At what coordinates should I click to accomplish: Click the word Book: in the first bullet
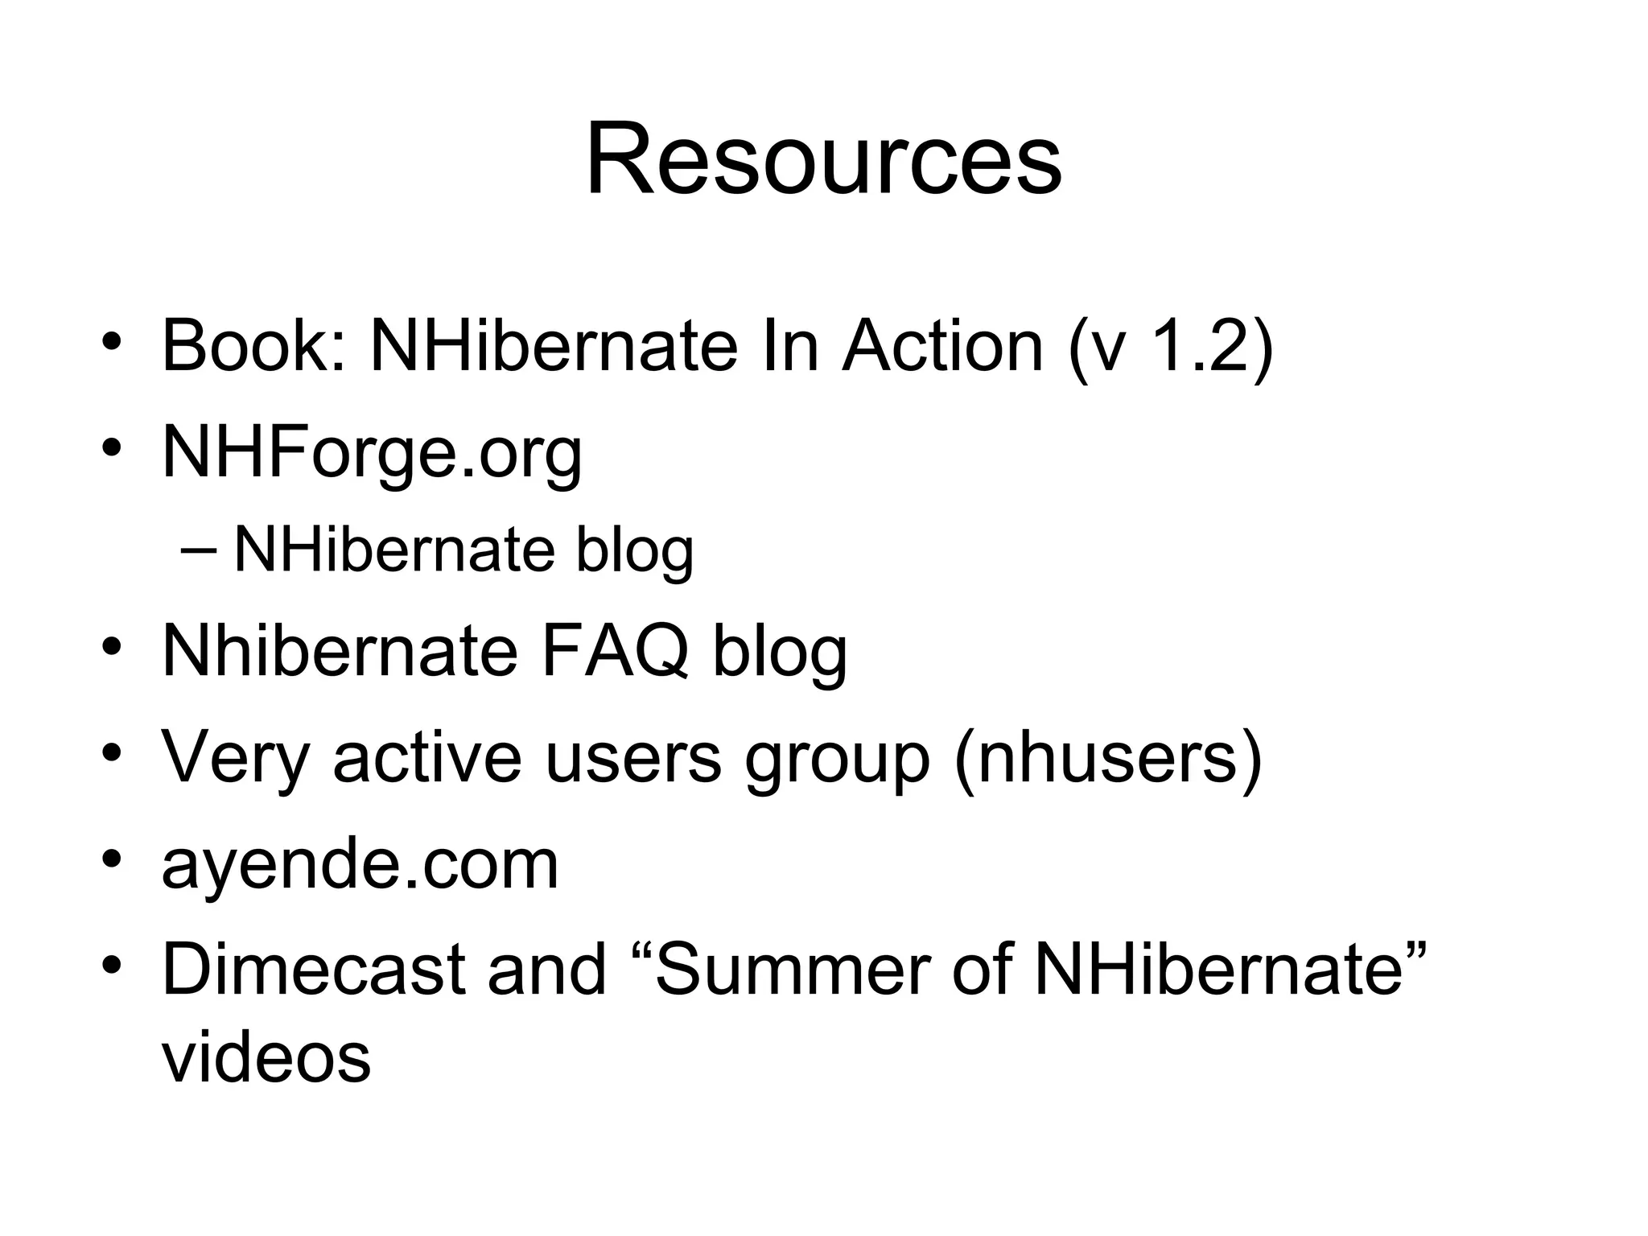(254, 346)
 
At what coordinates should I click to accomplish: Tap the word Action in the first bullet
(942, 346)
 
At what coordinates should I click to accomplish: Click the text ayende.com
(360, 865)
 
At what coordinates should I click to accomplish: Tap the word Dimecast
(315, 970)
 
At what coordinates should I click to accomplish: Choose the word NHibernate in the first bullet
(554, 346)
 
